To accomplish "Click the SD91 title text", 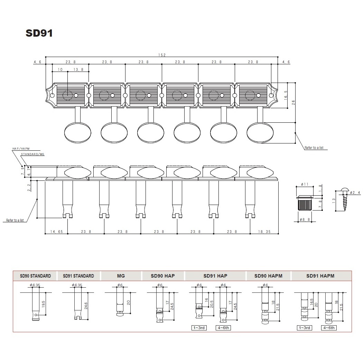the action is tap(39, 33).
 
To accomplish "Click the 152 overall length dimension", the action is tap(162, 55).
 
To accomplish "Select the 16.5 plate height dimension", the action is tap(286, 95).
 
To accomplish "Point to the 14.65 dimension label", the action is tap(57, 232).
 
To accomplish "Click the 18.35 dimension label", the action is tap(264, 232).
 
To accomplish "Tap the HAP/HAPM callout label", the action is tap(21, 149).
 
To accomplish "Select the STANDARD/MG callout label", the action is tap(32, 154).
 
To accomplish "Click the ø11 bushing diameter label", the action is tap(305, 184).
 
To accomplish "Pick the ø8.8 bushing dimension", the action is tap(305, 220).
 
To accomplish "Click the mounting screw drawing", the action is tap(344, 199).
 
